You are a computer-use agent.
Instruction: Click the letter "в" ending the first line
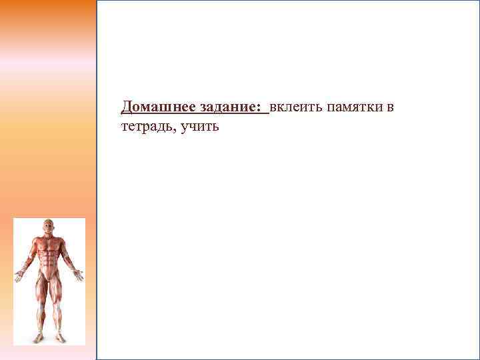pyautogui.click(x=391, y=108)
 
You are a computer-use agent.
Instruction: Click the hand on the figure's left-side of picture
pyautogui.click(x=19, y=275)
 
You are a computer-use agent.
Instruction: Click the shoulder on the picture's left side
pyautogui.click(x=33, y=240)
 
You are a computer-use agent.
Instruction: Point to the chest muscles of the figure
pyautogui.click(x=49, y=243)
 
